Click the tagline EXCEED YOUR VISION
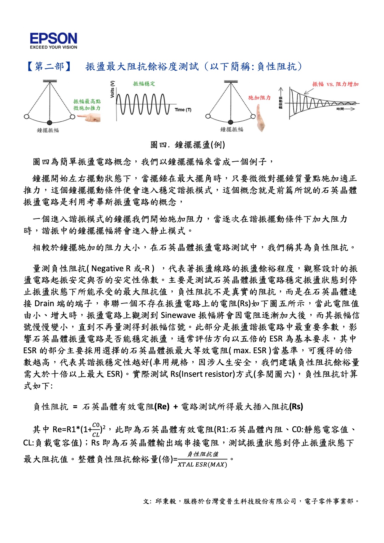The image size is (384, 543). pyautogui.click(x=53, y=47)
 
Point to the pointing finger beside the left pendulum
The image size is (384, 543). pyautogui.click(x=90, y=117)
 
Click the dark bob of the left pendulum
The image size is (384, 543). pyautogui.click(x=49, y=123)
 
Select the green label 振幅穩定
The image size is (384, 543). pyautogui.click(x=144, y=84)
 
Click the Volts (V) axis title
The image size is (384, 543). pyautogui.click(x=112, y=89)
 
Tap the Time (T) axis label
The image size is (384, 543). pyautogui.click(x=183, y=110)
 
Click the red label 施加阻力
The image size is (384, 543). pyautogui.click(x=259, y=98)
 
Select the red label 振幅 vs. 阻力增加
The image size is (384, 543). pyautogui.click(x=335, y=84)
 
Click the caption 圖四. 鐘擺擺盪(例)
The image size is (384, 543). pyautogui.click(x=187, y=145)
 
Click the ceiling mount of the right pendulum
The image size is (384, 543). pyautogui.click(x=231, y=82)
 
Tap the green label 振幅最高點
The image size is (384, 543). pyautogui.click(x=87, y=102)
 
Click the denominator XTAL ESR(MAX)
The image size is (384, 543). pyautogui.click(x=202, y=464)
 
